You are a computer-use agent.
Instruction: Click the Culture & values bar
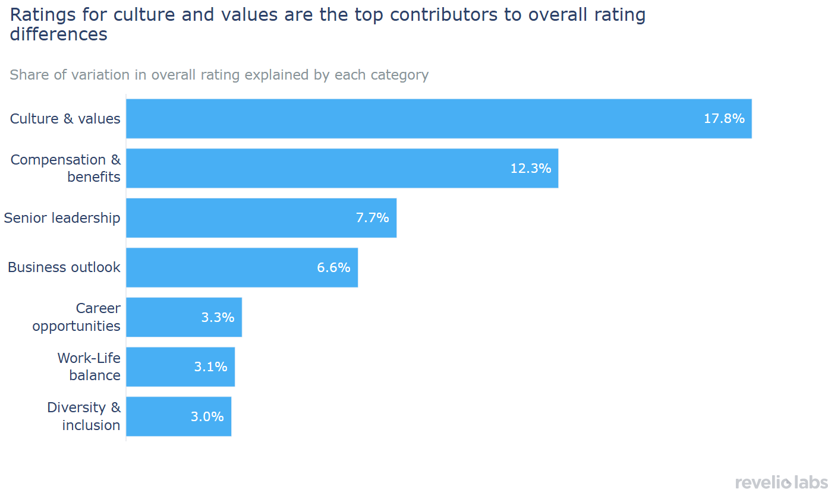[416, 119]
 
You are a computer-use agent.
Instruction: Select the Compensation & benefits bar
[321, 168]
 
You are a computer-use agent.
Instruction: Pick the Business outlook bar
[226, 267]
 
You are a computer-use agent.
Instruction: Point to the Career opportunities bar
[166, 317]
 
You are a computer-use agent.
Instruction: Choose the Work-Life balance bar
[160, 367]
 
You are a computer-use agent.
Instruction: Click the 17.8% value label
[724, 119]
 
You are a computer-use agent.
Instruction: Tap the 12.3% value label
[531, 168]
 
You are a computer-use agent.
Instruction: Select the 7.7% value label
[373, 218]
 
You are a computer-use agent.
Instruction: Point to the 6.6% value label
[333, 267]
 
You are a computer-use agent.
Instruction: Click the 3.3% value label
[218, 317]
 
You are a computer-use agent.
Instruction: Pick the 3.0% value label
[207, 416]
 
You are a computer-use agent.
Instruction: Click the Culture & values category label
[65, 119]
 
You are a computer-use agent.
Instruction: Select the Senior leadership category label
[62, 218]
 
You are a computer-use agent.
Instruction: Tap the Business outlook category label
[64, 267]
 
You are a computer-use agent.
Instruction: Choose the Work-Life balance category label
[89, 367]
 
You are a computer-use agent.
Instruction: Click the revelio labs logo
[781, 482]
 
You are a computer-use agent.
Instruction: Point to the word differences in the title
[59, 34]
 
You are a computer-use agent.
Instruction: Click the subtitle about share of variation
[219, 75]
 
